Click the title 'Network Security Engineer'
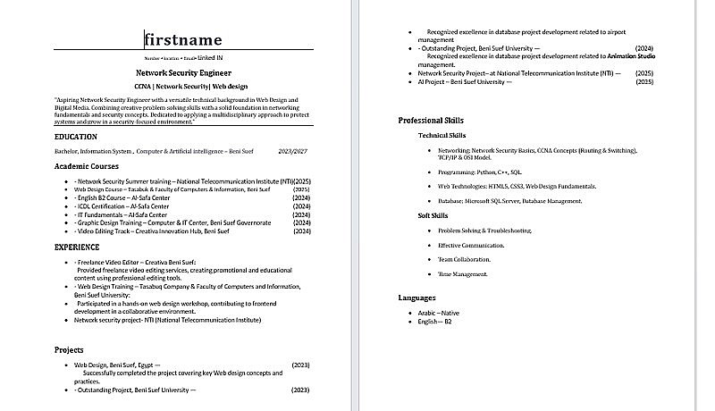(x=183, y=71)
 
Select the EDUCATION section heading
(x=76, y=137)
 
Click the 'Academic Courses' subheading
(x=86, y=166)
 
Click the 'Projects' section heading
(x=69, y=350)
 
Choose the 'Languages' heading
(x=416, y=298)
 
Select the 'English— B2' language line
(x=436, y=321)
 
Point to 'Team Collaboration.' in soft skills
(x=464, y=259)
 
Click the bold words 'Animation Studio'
(x=631, y=56)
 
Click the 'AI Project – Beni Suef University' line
(x=465, y=81)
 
